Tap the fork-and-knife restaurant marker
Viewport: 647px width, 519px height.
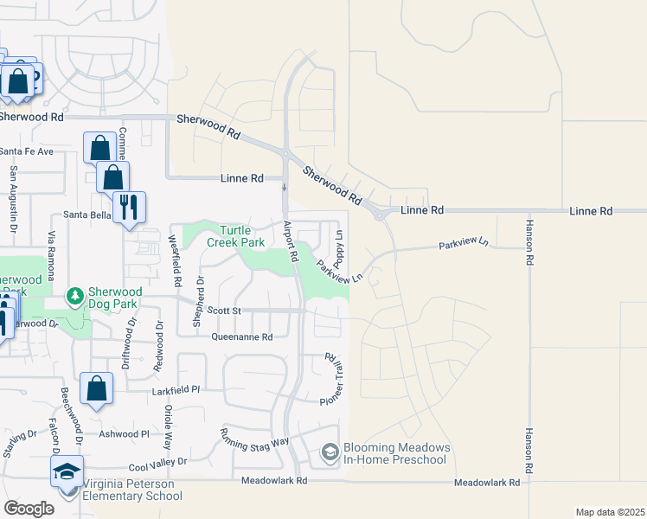(x=129, y=207)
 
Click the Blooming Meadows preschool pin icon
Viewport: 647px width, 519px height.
(x=330, y=452)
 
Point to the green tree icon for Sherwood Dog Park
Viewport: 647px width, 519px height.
(x=75, y=297)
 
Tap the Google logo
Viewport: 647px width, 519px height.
(x=29, y=509)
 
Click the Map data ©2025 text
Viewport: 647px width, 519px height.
(x=609, y=512)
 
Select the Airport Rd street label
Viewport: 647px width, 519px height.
(x=291, y=241)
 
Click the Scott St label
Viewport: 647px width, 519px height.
(x=223, y=311)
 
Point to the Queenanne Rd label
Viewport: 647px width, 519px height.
(x=242, y=337)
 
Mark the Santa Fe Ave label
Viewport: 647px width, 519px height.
(x=27, y=151)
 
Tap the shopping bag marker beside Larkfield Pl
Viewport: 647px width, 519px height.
(x=96, y=389)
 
